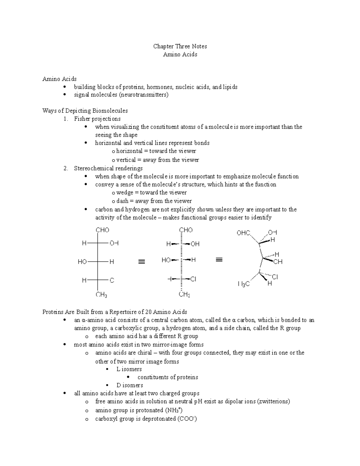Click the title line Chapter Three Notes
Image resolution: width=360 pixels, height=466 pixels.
tap(180, 46)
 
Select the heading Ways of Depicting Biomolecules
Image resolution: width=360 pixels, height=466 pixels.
tap(85, 111)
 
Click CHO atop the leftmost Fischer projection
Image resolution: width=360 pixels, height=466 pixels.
tap(102, 230)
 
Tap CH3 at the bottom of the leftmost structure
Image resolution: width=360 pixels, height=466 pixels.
tap(101, 295)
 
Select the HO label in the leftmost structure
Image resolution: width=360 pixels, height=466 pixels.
tap(82, 262)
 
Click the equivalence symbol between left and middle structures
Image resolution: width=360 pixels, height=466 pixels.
tap(142, 262)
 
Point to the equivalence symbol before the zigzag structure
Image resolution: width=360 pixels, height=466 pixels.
tap(219, 260)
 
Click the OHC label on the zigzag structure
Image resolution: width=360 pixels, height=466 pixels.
tap(243, 233)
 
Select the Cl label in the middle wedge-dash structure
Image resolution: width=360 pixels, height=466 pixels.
tap(193, 279)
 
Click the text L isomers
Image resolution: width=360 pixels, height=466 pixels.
tap(129, 369)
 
